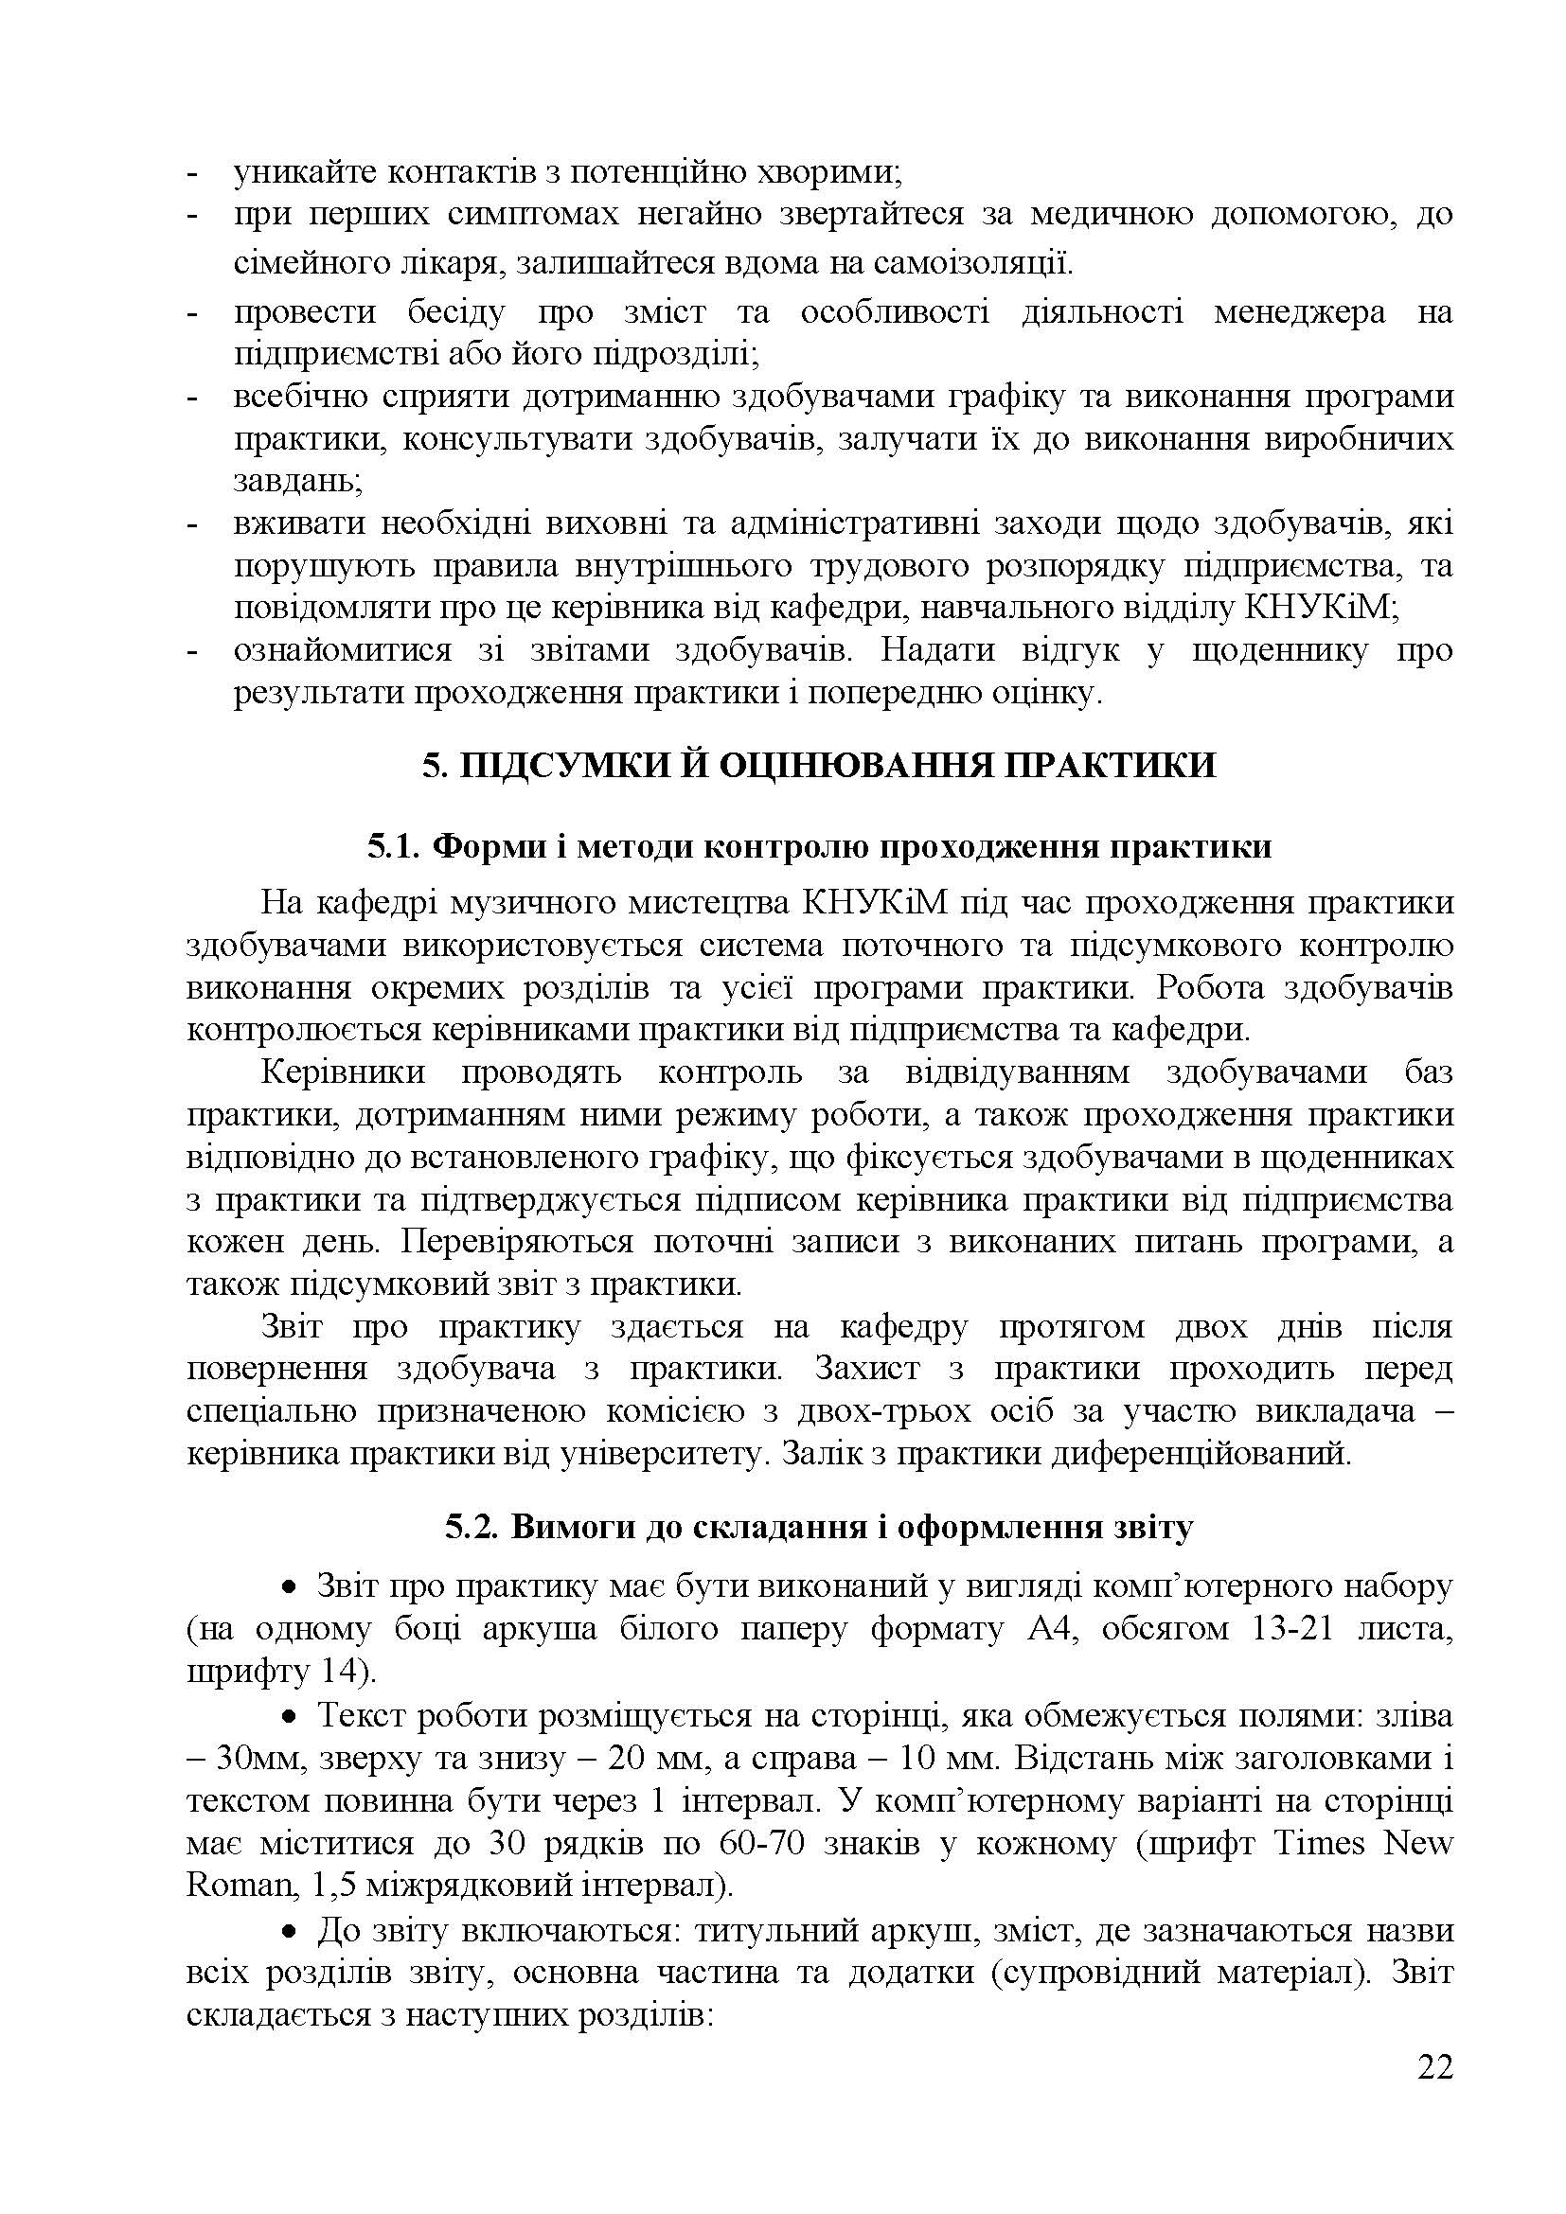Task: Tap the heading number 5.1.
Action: pos(395,846)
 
